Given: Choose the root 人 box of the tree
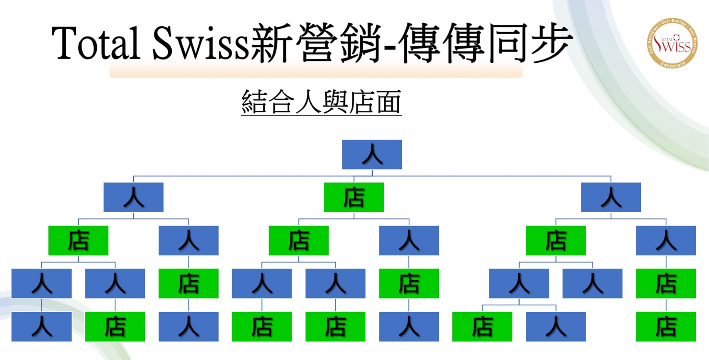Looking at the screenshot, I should [x=372, y=155].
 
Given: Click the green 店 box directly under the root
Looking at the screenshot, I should [x=354, y=197].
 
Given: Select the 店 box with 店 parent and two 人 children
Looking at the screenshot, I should [x=298, y=240].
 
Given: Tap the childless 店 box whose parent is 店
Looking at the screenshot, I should [x=666, y=326].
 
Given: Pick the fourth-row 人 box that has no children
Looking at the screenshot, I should [x=592, y=283].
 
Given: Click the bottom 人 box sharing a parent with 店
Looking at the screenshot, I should [x=555, y=326].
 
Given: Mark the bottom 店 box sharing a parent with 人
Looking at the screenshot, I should [x=482, y=326].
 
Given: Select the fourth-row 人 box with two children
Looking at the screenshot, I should [x=519, y=283].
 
